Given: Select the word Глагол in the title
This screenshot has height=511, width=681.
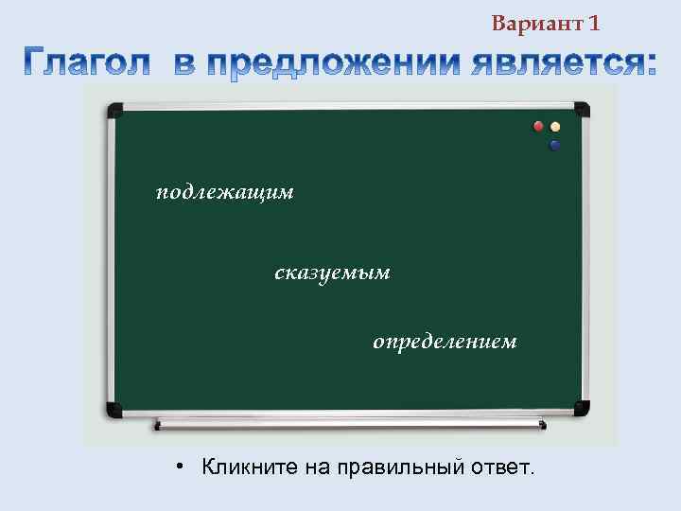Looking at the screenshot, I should tap(87, 62).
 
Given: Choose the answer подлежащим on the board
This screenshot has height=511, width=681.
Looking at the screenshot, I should tap(225, 193).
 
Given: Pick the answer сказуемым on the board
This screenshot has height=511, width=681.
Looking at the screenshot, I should tap(332, 273).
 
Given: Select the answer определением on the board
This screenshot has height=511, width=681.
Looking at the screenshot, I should tap(445, 341).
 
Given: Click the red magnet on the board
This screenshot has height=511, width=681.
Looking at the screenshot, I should tap(539, 126).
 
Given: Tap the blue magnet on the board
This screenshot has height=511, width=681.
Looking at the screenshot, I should tap(554, 145).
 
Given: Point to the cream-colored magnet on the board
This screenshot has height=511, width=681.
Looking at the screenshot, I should tap(556, 126).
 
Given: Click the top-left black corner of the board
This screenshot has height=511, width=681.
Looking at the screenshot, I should tap(113, 110).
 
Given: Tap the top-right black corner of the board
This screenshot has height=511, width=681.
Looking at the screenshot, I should tap(581, 110).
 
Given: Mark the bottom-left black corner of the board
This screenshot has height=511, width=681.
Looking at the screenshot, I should tap(113, 409).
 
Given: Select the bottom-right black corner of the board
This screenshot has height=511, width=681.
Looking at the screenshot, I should tap(581, 409).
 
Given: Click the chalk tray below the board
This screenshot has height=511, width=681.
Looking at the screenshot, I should tap(350, 424).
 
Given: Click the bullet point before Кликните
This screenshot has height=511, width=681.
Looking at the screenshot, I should tap(180, 467).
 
